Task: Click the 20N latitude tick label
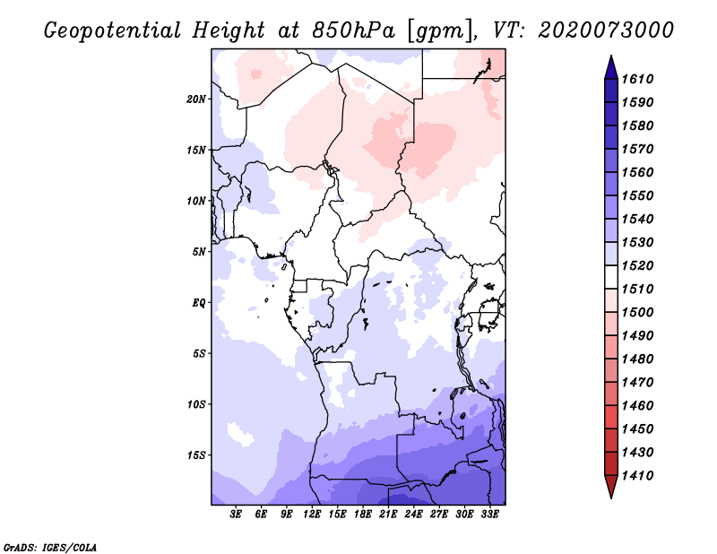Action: [x=196, y=99]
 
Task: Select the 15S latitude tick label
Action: [x=196, y=454]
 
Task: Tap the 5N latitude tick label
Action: [x=198, y=251]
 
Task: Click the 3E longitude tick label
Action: [x=237, y=515]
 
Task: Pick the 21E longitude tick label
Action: [x=388, y=515]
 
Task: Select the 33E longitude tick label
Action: [x=489, y=515]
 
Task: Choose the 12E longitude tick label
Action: [x=312, y=515]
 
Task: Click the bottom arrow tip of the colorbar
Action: [x=609, y=496]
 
